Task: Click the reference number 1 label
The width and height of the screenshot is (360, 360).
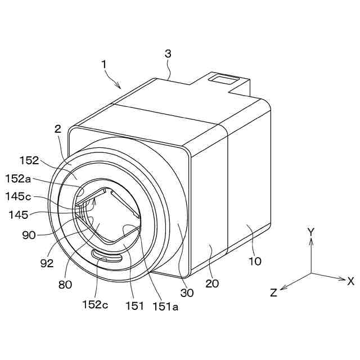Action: (x=103, y=65)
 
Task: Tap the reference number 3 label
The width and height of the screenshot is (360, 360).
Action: (x=168, y=54)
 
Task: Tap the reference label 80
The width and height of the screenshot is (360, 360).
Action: (x=65, y=285)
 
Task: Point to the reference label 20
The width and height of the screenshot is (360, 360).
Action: (x=212, y=283)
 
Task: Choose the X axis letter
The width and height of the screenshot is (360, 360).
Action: (x=350, y=280)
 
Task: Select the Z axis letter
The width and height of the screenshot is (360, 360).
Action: (x=274, y=292)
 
